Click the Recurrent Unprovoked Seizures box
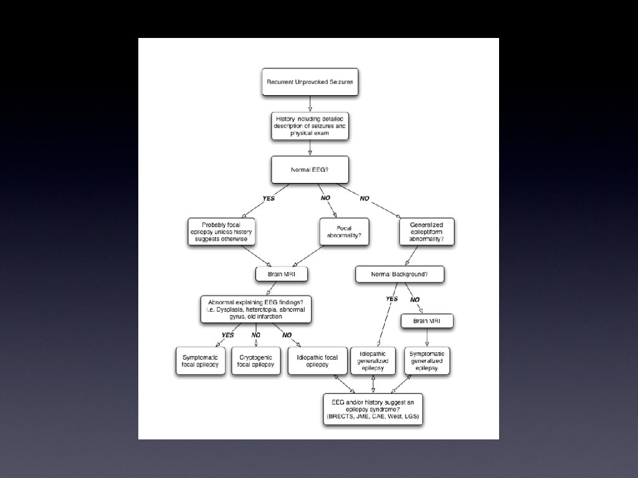tap(310, 82)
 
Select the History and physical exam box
tap(310, 125)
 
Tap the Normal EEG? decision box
tap(310, 169)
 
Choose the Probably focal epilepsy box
tap(221, 231)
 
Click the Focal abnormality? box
tap(344, 232)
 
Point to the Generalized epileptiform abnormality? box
tap(427, 232)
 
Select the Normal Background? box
tap(399, 274)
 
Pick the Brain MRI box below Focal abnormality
tap(282, 274)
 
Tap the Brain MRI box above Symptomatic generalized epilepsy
tap(427, 321)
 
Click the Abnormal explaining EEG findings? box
tap(256, 309)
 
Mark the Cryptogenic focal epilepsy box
tap(255, 361)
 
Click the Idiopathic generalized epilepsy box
tap(373, 361)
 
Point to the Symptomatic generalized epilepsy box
tap(427, 361)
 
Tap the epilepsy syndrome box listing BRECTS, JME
tap(373, 409)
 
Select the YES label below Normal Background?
tap(391, 299)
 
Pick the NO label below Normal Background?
tap(414, 300)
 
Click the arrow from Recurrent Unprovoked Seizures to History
tap(310, 104)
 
